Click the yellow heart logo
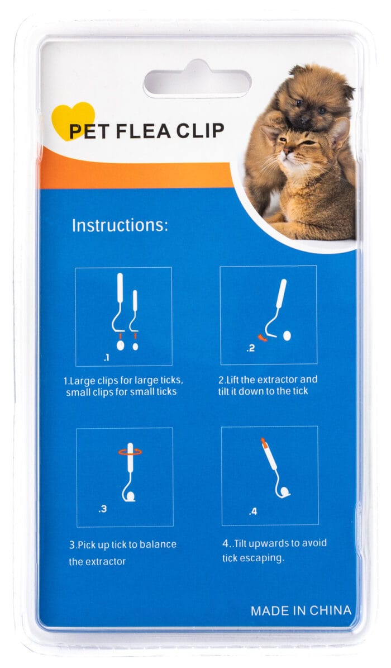pos(73,121)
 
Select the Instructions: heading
pos(120,225)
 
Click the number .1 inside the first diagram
pos(107,358)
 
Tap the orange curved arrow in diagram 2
pos(263,338)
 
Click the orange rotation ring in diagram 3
pos(130,452)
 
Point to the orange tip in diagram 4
pos(264,443)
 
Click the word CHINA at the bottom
pos(330,610)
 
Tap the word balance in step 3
pos(159,544)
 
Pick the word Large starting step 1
pos(81,381)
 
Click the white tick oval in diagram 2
pos(287,336)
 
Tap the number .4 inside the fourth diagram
pos(253,511)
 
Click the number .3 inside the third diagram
pos(103,509)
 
